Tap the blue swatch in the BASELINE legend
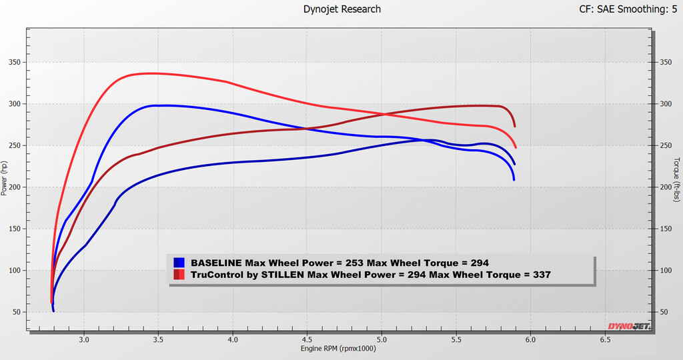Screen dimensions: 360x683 pyautogui.click(x=179, y=263)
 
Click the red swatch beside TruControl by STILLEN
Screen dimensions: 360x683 pyautogui.click(x=179, y=275)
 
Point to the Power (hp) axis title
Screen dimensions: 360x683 pyautogui.click(x=5, y=178)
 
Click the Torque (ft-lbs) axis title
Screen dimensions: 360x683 pyautogui.click(x=676, y=179)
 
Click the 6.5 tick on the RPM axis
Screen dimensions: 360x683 pyautogui.click(x=605, y=340)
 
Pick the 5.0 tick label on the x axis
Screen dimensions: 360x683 pyautogui.click(x=382, y=340)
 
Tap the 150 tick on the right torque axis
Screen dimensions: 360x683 pyautogui.click(x=665, y=229)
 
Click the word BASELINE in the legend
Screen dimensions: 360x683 pyautogui.click(x=216, y=263)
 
